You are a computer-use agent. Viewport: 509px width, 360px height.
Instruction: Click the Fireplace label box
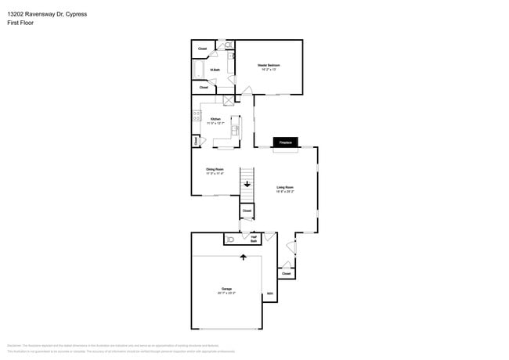point(285,142)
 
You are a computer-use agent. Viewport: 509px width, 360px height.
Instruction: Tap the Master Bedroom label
point(269,67)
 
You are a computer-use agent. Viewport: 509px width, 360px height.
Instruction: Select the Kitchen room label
point(215,121)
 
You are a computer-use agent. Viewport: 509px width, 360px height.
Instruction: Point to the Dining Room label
point(215,171)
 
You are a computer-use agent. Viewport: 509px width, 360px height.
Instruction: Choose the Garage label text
point(226,290)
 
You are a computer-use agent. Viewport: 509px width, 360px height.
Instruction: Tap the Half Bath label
point(254,239)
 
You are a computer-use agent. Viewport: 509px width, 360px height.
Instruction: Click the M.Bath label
point(214,70)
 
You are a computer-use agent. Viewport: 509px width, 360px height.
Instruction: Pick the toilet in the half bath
point(231,239)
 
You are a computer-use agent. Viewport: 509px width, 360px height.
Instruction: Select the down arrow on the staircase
point(247,185)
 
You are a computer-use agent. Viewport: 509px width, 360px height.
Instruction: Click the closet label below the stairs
point(247,211)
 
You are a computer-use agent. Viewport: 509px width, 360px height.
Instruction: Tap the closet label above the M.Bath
point(202,49)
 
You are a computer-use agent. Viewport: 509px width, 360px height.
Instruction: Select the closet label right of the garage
point(286,273)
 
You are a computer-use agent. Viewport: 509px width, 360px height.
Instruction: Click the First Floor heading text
point(20,22)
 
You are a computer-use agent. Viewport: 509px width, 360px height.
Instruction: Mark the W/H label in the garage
point(269,294)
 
